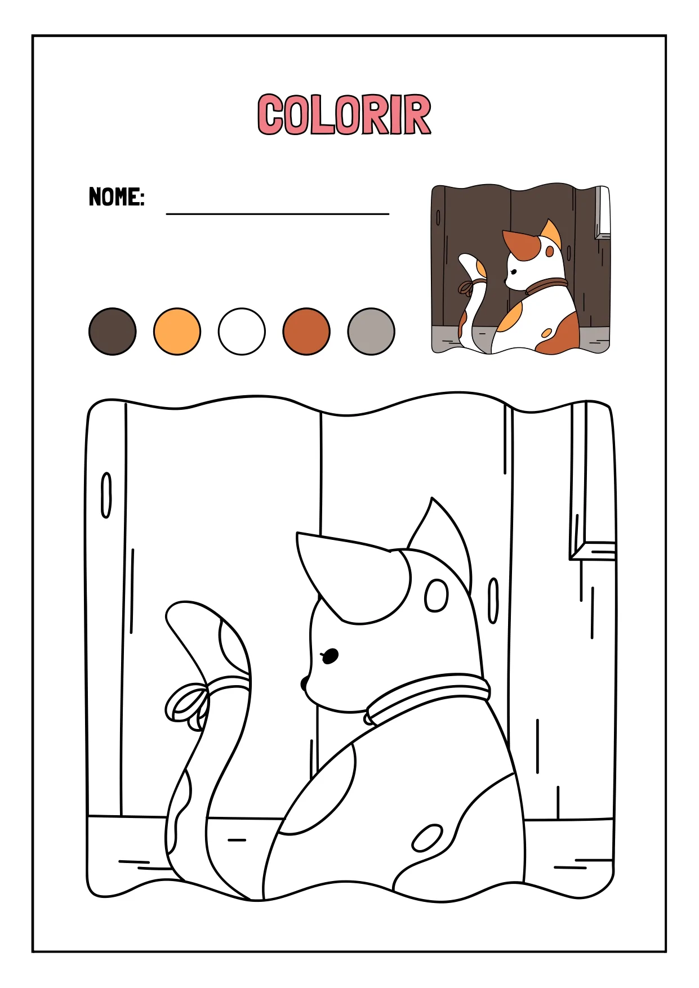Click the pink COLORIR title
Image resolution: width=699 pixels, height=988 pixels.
coord(344,115)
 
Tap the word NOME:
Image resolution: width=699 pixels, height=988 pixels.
coord(117,197)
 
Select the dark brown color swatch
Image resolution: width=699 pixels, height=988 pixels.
coord(113,332)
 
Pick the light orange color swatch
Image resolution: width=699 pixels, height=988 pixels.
coord(177,332)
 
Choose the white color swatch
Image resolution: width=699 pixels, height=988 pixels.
coord(242,332)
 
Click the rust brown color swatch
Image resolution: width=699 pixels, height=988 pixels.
coord(306,332)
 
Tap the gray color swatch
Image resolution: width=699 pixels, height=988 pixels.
coord(371,332)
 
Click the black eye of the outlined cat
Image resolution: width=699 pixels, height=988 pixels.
coord(330,656)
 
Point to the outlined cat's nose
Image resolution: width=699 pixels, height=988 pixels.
coord(304,683)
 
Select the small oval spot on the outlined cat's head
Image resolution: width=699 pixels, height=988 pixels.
coord(437,596)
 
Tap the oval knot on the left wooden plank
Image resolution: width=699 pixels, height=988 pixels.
coord(106,495)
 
